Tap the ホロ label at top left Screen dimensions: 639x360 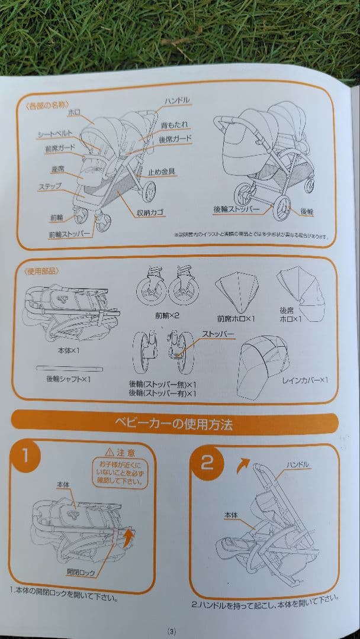(74, 111)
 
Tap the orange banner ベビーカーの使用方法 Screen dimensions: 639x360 (176, 424)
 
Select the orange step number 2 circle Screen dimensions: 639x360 (207, 461)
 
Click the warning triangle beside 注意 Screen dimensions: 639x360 (109, 453)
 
